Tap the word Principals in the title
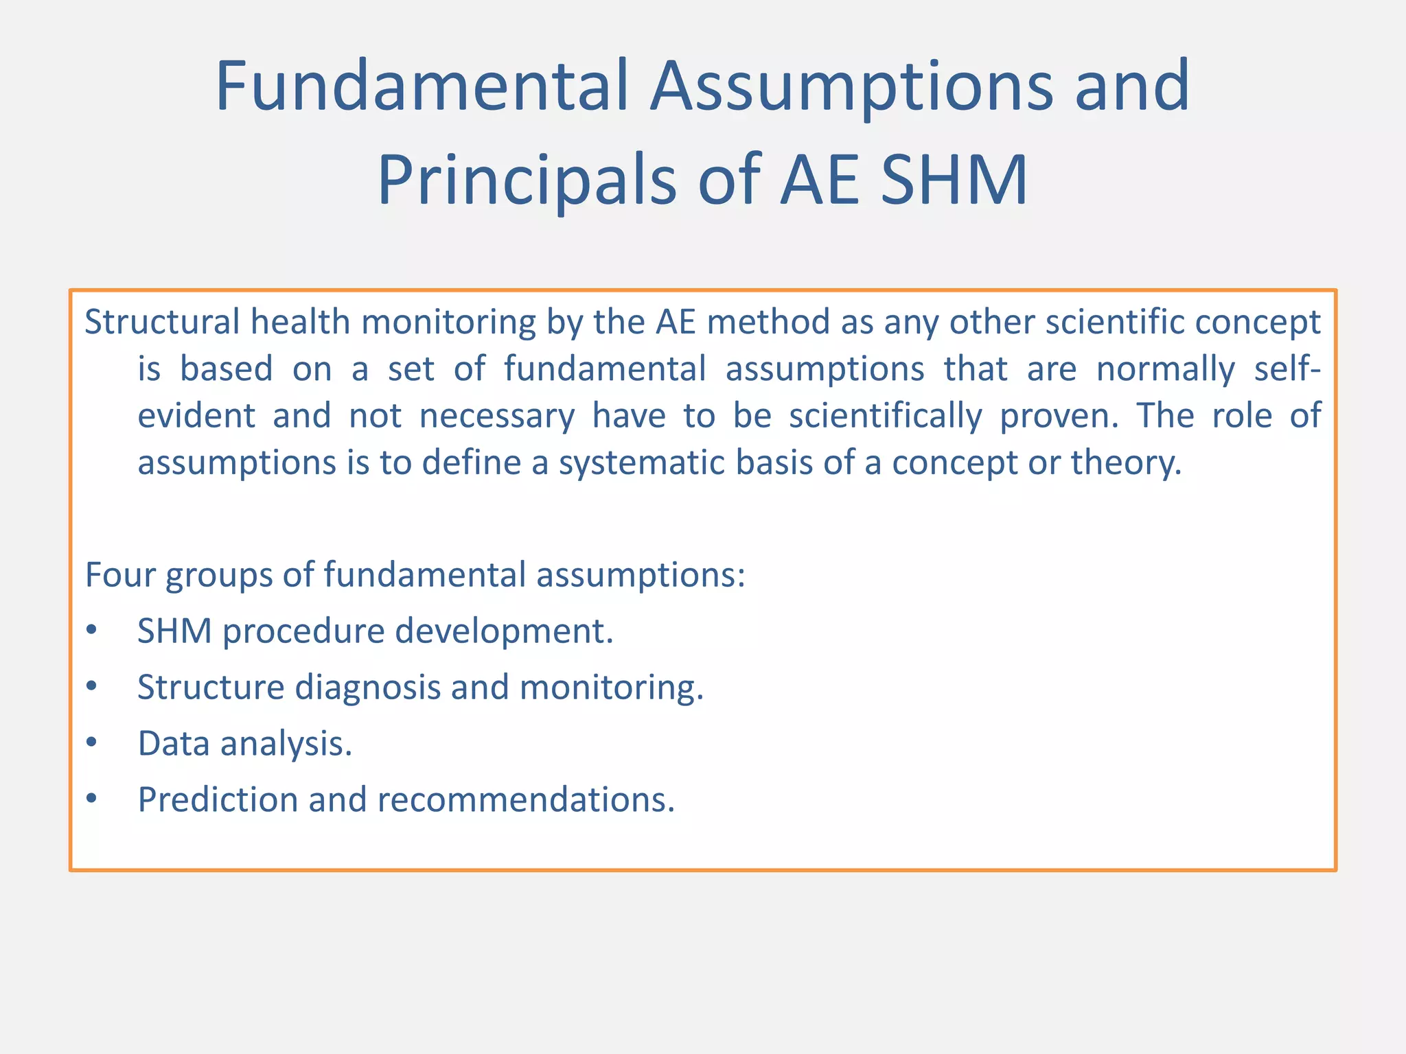(x=527, y=181)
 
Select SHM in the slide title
(x=954, y=181)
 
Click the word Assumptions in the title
(x=851, y=87)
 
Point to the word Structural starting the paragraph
(x=162, y=322)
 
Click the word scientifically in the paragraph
(x=885, y=416)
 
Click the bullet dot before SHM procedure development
(x=92, y=631)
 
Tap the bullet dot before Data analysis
(x=92, y=743)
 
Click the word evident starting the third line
(x=196, y=416)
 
